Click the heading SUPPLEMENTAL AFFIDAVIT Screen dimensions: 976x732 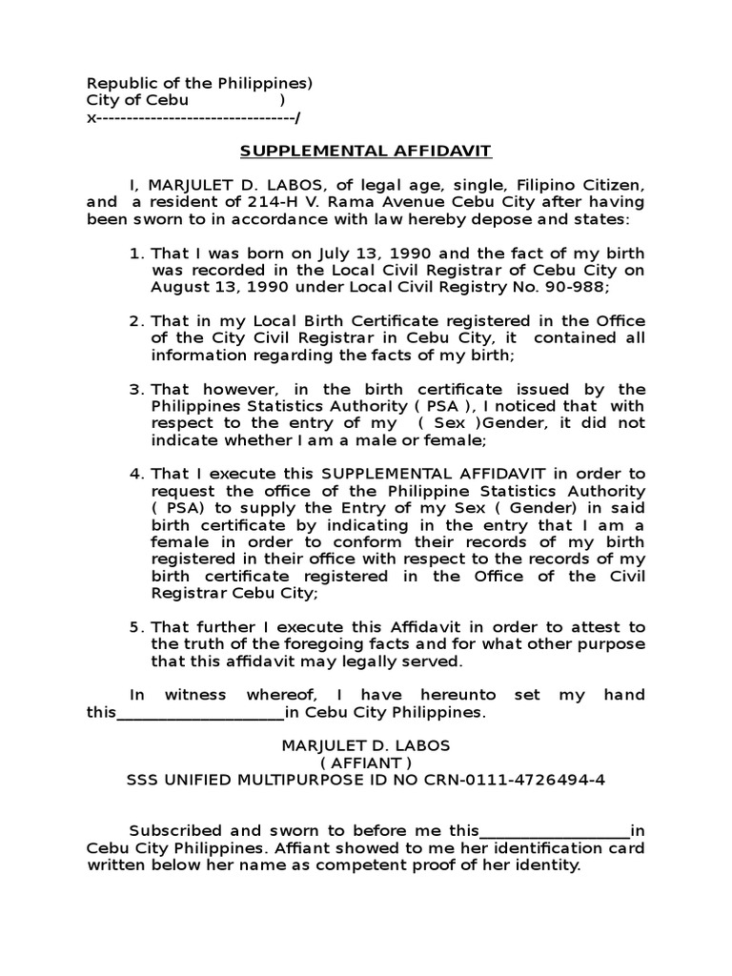pos(365,152)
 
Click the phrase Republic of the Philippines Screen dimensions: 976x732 pos(195,84)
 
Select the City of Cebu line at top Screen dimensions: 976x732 pos(137,101)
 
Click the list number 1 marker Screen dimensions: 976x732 pos(134,253)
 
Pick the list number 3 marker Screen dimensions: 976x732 pos(134,389)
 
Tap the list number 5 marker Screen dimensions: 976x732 pos(134,627)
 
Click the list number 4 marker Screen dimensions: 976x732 pos(134,475)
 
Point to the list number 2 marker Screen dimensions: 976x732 pos(134,321)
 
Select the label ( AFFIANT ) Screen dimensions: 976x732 pos(366,763)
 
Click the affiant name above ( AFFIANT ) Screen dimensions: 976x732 pos(366,745)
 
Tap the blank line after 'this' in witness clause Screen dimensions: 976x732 pos(199,714)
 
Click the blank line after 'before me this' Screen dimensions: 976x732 pos(557,831)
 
